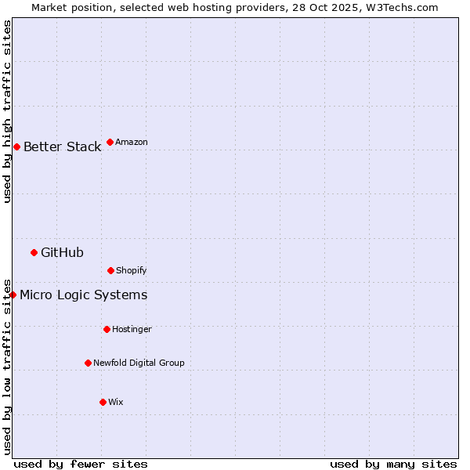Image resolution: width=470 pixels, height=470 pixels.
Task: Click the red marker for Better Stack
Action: tap(16, 146)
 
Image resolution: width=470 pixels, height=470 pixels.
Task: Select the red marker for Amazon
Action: tap(110, 142)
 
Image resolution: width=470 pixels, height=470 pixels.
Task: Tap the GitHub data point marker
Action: tap(34, 252)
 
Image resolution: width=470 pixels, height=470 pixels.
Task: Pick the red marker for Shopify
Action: tap(110, 270)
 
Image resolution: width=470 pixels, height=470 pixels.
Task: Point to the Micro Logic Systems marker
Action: tap(13, 295)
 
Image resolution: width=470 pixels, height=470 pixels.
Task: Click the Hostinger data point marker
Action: tap(107, 329)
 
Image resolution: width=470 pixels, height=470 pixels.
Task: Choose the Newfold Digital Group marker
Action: tap(88, 363)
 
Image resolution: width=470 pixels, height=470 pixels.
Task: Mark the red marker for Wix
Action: tap(103, 402)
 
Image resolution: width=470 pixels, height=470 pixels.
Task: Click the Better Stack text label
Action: tap(62, 146)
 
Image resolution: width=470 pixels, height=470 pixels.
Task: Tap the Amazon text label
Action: tap(132, 142)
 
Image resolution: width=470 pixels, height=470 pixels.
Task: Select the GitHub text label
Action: tap(62, 252)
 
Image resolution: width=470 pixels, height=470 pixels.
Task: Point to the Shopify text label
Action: tap(132, 270)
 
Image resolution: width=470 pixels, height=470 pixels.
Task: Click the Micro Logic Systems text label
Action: tap(83, 295)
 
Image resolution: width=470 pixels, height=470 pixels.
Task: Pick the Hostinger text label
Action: tap(132, 329)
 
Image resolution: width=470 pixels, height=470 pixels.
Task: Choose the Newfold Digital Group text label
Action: tap(139, 363)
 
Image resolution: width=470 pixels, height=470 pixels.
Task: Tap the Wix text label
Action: tap(116, 402)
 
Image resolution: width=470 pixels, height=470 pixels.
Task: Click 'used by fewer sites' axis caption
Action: tap(81, 464)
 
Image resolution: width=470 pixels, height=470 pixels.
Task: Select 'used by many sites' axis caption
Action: tap(393, 464)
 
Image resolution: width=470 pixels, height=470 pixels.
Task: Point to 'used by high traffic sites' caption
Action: tap(7, 110)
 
